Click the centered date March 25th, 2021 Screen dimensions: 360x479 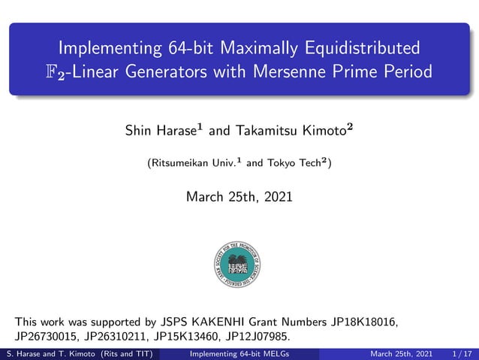(239, 197)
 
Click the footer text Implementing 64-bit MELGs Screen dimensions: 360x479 (240, 354)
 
